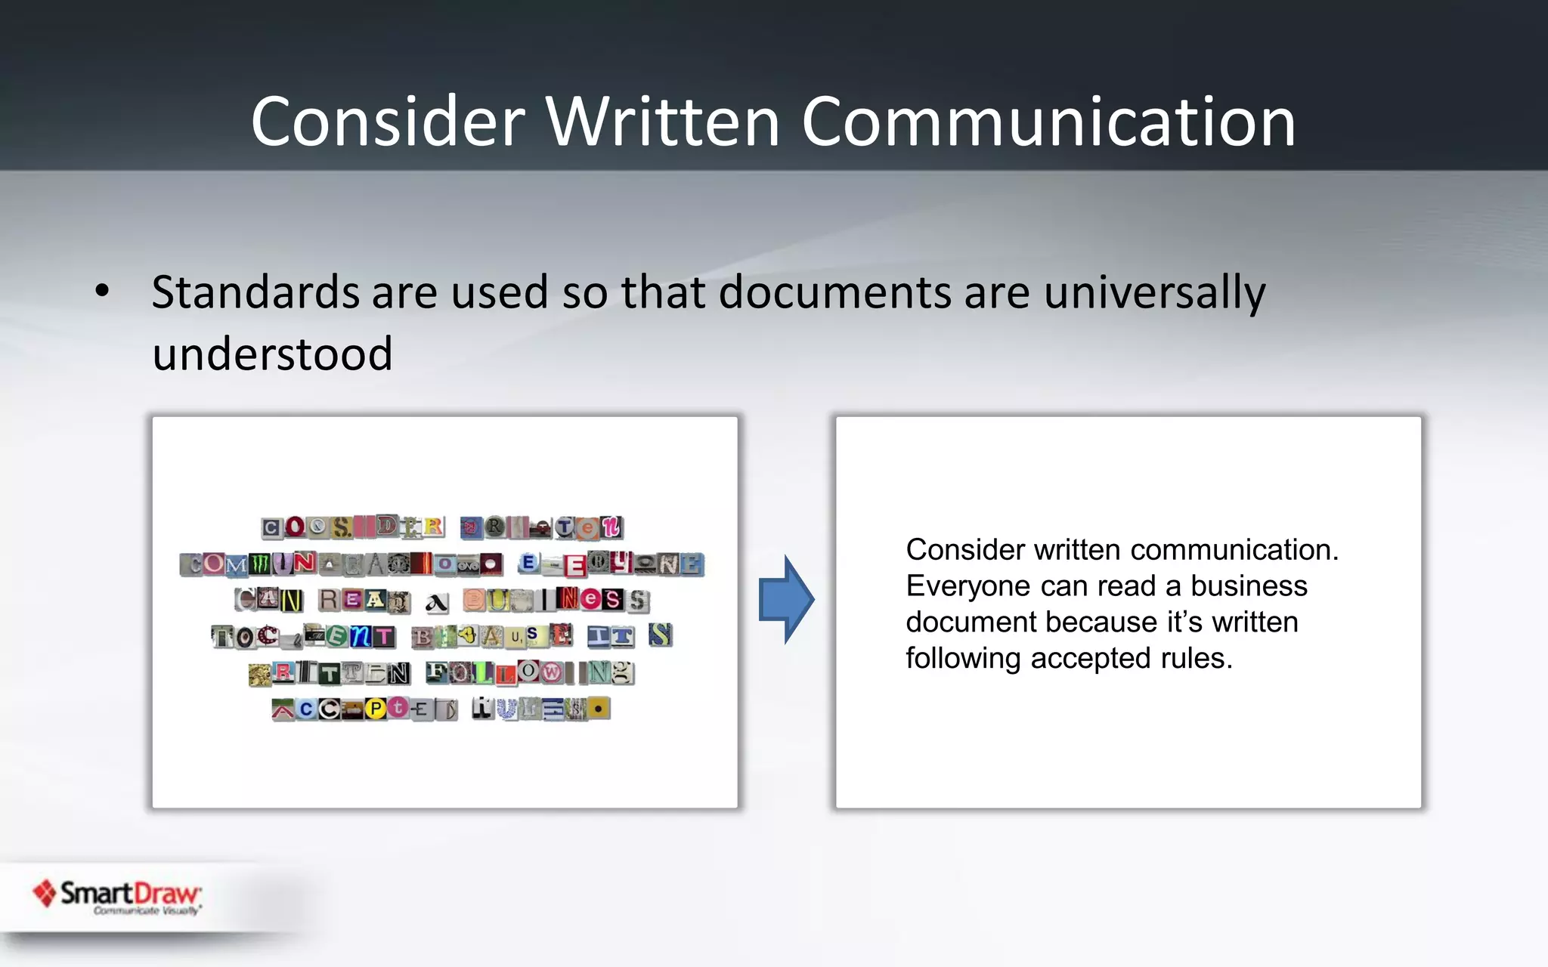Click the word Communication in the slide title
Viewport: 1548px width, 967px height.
click(1048, 122)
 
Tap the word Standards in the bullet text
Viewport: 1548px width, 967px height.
click(255, 292)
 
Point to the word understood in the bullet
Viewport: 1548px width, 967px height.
click(272, 354)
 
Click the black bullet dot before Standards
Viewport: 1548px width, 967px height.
click(103, 291)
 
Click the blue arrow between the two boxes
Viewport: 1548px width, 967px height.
click(786, 599)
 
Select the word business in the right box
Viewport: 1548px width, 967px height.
click(1249, 586)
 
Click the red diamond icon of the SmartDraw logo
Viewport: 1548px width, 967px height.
click(45, 893)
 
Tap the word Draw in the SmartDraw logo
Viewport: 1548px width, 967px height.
click(166, 894)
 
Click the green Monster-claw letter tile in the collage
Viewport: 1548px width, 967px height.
click(260, 564)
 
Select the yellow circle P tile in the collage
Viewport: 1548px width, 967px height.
click(376, 709)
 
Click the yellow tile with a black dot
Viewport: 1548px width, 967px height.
click(599, 709)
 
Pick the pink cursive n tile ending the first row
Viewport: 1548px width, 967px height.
click(611, 527)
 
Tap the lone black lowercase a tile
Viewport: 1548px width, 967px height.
click(436, 602)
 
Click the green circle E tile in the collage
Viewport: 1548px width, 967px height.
click(337, 637)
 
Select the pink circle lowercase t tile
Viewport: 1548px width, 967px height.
click(398, 708)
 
